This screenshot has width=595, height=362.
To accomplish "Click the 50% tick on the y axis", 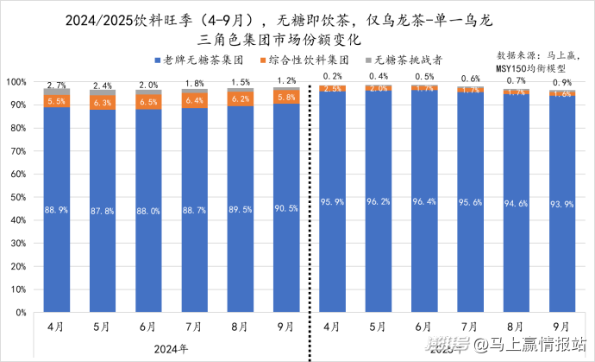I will (18, 197).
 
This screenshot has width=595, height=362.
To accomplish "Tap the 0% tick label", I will (21, 313).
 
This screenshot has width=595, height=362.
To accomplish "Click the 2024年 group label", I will (171, 348).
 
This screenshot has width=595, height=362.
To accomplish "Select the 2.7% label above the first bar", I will (56, 85).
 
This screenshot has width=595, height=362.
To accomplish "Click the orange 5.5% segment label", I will (57, 101).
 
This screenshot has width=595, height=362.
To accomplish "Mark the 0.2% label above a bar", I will (332, 76).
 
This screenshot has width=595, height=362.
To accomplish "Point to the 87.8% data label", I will (103, 209).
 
